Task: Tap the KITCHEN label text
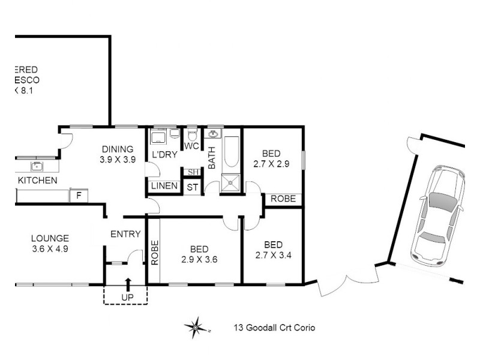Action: click(x=37, y=181)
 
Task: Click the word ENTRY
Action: click(x=125, y=234)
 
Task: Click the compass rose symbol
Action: click(x=196, y=328)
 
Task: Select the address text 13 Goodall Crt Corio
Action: click(x=274, y=328)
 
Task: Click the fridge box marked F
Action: click(x=78, y=195)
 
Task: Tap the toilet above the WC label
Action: click(x=192, y=134)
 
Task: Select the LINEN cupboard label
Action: click(x=164, y=186)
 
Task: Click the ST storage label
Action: click(x=192, y=187)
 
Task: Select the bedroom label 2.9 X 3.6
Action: click(x=199, y=254)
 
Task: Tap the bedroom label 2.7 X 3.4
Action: click(x=273, y=250)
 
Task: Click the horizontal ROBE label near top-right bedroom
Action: click(x=283, y=199)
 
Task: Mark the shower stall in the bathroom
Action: click(x=230, y=182)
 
